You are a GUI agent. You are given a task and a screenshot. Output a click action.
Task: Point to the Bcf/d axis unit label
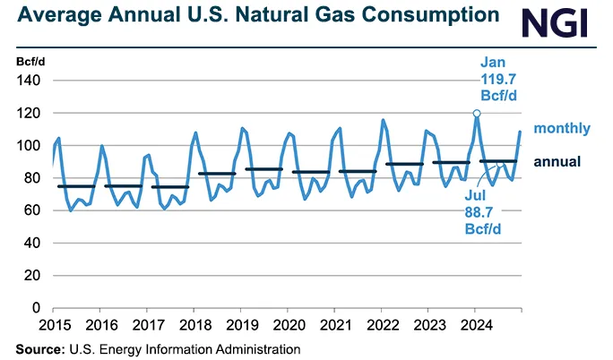click(30, 61)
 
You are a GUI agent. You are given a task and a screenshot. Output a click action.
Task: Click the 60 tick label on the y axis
click(32, 210)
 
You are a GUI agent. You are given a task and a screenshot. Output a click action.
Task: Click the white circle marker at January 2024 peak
click(477, 114)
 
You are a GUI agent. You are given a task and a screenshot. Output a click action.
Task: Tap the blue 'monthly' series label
click(562, 128)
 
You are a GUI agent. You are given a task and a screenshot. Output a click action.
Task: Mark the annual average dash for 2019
click(263, 169)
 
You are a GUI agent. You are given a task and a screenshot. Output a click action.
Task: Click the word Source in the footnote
click(37, 348)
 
